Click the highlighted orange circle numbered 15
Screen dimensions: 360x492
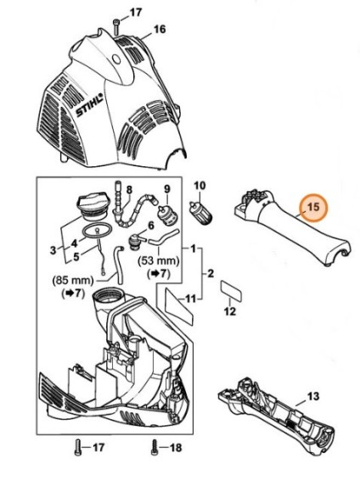313,207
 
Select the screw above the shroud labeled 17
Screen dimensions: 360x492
115,27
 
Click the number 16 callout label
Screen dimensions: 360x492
160,30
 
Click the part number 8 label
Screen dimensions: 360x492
129,191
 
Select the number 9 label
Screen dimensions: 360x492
167,189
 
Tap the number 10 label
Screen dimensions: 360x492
200,186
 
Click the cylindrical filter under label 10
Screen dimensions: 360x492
200,212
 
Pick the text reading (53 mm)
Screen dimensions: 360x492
159,261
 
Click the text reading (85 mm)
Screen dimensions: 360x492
73,280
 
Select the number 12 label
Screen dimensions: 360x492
230,311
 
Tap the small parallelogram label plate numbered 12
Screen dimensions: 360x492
231,291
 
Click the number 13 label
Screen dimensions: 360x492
313,396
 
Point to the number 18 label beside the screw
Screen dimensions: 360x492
176,448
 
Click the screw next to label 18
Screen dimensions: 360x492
155,447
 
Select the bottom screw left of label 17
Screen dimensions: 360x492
78,447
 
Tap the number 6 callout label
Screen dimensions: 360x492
151,226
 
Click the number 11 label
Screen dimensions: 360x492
190,299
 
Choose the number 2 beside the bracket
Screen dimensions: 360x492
211,273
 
